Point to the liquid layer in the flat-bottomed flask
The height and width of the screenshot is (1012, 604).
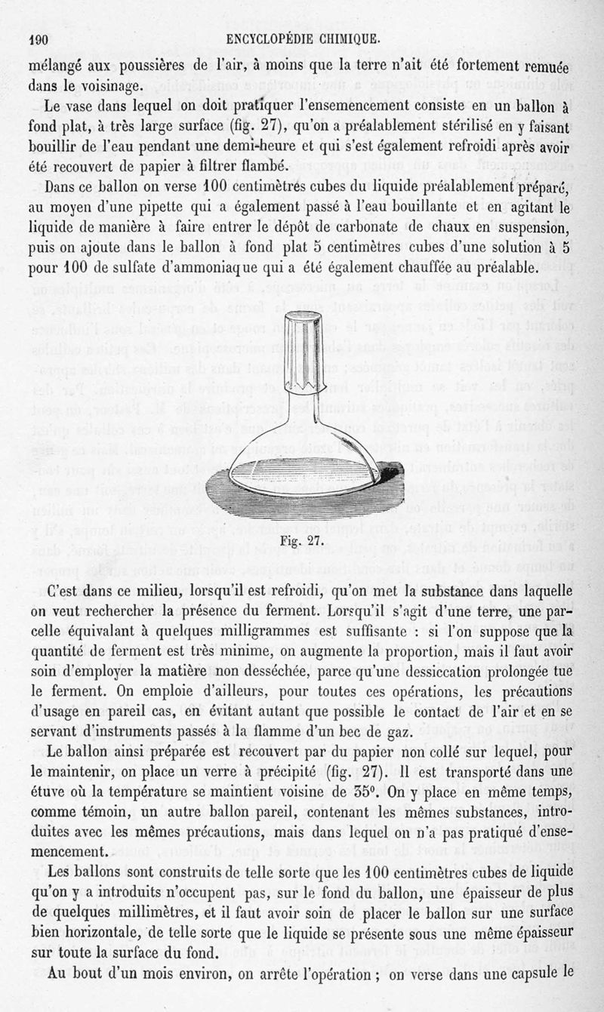point(302,481)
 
